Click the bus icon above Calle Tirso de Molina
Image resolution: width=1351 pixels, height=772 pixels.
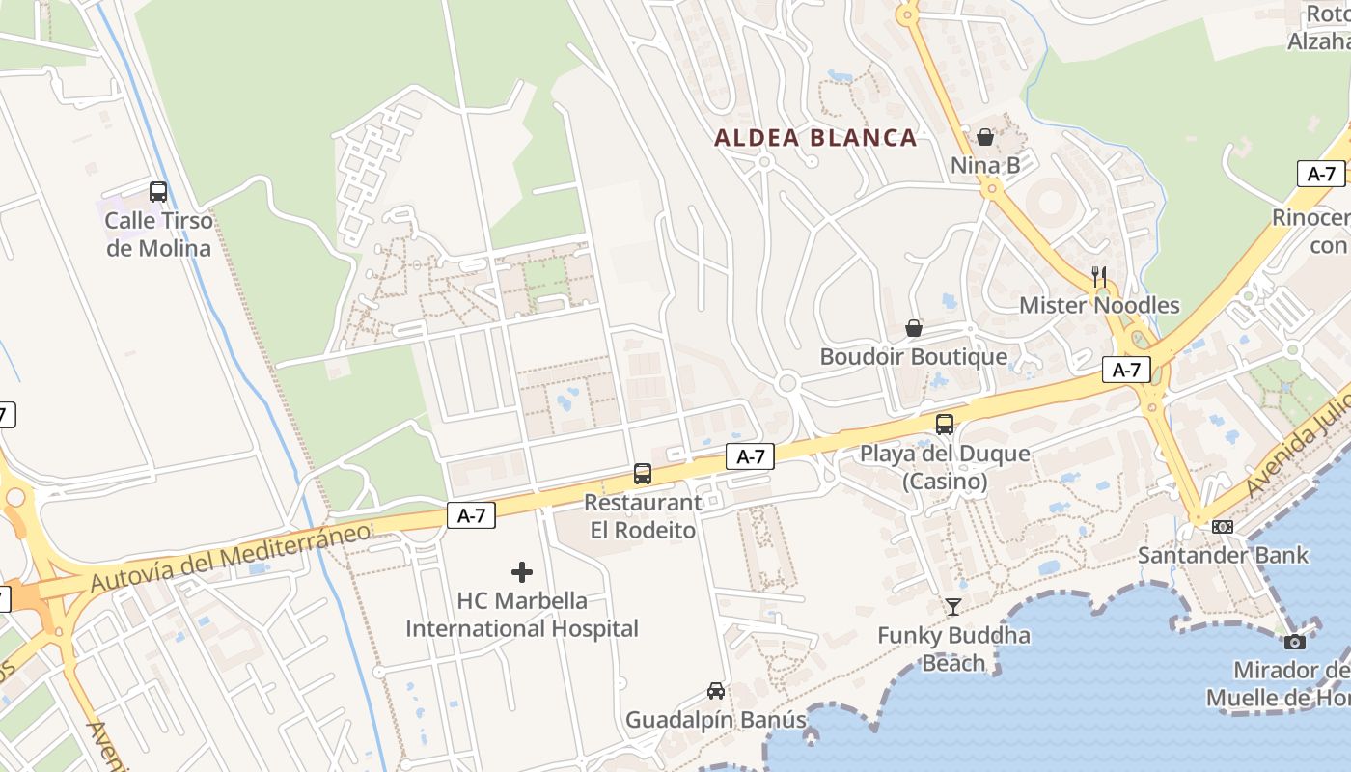point(158,192)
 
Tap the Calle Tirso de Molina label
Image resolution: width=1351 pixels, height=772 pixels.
point(158,234)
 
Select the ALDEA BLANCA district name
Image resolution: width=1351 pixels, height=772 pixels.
point(815,138)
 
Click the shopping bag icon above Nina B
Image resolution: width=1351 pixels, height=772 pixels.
point(985,137)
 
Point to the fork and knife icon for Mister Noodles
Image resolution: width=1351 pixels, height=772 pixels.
point(1099,276)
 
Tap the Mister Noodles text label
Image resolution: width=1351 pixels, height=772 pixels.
point(1099,306)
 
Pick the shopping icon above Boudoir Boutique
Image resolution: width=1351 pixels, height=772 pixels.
point(914,328)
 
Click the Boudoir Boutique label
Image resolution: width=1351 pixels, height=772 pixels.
point(913,357)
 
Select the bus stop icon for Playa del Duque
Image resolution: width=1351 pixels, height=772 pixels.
point(945,425)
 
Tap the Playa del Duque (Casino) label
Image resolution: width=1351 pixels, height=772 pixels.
point(945,467)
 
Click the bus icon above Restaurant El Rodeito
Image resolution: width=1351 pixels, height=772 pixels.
point(643,474)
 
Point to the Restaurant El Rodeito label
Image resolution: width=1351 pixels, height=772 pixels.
point(643,516)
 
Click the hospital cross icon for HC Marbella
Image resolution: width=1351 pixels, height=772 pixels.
point(522,572)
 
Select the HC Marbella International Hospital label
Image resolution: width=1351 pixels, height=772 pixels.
point(522,615)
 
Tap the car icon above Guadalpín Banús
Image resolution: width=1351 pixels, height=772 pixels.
point(716,691)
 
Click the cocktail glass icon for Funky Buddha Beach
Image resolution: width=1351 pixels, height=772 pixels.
point(953,607)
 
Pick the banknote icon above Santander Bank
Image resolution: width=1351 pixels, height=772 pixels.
point(1223,527)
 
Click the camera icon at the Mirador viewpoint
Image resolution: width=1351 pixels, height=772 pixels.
point(1295,642)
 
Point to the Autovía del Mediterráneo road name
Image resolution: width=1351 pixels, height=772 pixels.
point(231,558)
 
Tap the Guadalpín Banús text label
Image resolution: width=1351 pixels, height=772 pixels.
point(716,720)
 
